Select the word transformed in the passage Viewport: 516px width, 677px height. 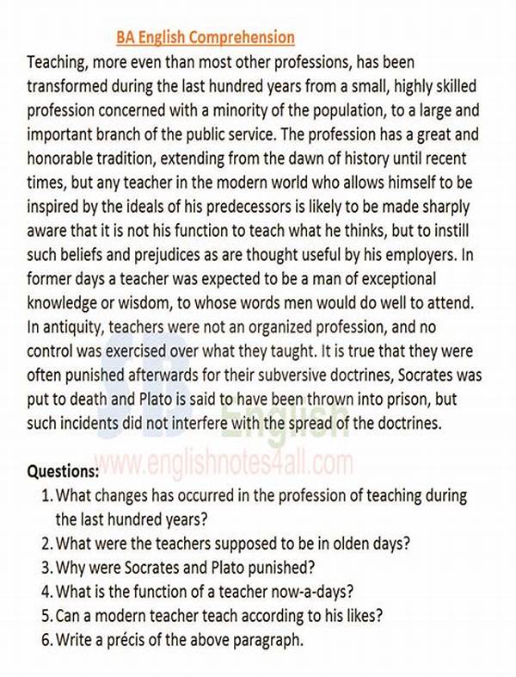[x=67, y=86]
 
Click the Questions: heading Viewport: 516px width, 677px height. [x=64, y=472]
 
